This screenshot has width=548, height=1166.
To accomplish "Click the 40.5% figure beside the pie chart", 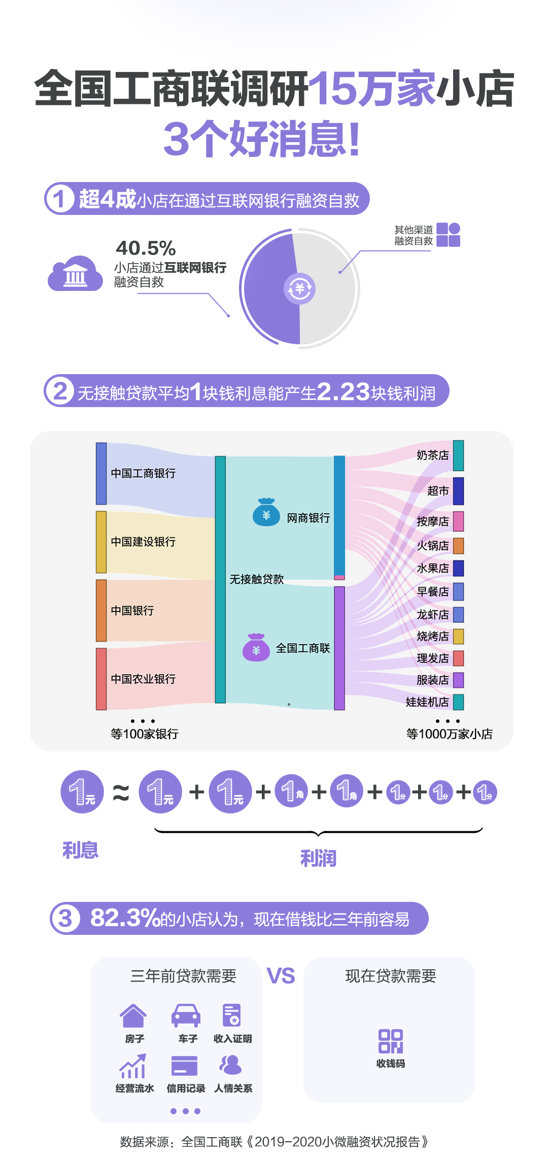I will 146,248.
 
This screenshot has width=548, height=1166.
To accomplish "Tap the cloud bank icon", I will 75,274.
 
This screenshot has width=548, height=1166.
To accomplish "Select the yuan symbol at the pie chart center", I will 299,289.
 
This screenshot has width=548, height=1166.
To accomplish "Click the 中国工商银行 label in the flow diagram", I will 143,473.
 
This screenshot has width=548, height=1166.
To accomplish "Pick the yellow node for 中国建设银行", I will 101,542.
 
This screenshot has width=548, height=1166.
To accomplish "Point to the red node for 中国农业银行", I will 101,679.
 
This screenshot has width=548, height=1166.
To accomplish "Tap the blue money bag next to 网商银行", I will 266,513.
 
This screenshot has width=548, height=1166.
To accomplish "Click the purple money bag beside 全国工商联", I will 256,648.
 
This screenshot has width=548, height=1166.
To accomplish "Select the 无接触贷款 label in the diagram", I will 256,579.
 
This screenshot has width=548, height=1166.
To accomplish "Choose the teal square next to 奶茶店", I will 458,455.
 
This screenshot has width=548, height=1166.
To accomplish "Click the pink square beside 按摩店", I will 458,521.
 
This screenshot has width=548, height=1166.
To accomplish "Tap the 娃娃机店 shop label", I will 427,702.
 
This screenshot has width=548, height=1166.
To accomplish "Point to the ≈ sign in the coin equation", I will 121,792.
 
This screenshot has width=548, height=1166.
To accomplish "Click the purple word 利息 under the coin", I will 80,850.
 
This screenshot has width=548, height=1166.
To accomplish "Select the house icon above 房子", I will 133,1015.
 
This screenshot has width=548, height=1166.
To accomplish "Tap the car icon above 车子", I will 186,1015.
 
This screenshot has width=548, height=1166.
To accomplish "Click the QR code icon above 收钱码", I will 390,1041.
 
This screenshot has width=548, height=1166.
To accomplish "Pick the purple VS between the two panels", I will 281,976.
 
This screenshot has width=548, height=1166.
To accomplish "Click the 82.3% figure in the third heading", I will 125,918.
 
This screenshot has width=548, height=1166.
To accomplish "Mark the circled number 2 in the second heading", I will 60,391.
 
